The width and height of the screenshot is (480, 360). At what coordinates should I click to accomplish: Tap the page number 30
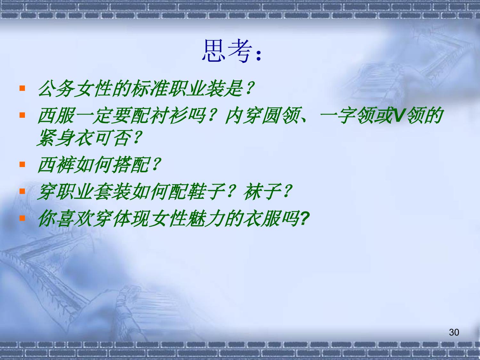[454, 332]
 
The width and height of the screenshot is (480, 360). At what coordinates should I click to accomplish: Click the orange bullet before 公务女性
[22, 88]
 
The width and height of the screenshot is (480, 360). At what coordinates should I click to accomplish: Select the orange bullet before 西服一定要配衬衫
[22, 115]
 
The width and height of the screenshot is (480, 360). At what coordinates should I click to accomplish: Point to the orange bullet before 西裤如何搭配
[22, 164]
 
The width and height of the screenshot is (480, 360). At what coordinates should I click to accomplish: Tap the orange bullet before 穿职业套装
[22, 191]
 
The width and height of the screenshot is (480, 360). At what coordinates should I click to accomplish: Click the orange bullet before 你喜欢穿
[22, 218]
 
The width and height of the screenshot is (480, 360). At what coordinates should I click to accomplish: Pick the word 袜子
[262, 192]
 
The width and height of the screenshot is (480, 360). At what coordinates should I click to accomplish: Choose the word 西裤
[56, 165]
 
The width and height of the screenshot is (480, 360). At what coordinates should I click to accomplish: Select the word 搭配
[131, 165]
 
